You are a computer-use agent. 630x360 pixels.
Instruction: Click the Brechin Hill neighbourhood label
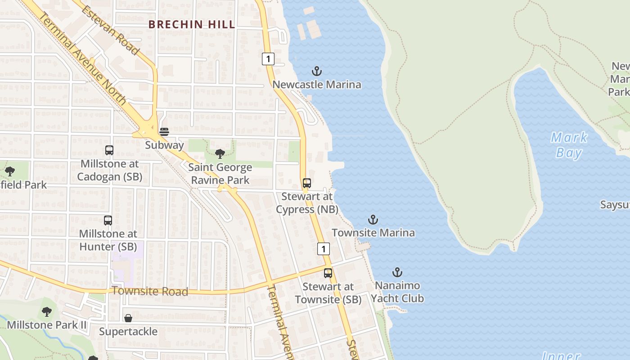coord(192,24)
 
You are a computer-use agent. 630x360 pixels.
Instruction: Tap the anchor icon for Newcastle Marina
coord(317,71)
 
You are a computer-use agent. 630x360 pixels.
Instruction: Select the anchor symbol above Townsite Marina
coord(373,220)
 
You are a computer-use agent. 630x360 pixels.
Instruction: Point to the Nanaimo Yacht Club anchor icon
coord(397,272)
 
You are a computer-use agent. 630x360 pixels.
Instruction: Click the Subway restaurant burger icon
coord(164,131)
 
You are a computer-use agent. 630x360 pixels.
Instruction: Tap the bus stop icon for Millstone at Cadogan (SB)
coord(109,150)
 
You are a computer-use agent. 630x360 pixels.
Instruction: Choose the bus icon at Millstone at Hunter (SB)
coord(108,220)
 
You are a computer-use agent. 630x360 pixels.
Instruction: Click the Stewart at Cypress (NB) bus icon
coord(307,183)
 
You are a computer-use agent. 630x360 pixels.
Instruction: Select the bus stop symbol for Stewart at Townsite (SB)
coord(328,273)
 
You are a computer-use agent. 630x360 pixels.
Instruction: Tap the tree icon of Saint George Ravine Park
coord(220,154)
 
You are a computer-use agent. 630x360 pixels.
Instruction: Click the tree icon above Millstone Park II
coord(47,311)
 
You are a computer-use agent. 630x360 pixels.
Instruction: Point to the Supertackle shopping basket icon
coord(128,318)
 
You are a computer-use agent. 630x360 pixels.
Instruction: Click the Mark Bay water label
coord(569,145)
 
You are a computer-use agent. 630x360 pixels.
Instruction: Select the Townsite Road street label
coord(150,291)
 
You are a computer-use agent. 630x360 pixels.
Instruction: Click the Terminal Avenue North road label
coord(84,58)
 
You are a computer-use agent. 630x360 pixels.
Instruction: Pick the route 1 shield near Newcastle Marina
coord(268,59)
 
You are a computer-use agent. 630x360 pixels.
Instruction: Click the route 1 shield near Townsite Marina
coord(323,248)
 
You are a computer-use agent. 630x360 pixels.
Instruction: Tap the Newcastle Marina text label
coord(317,85)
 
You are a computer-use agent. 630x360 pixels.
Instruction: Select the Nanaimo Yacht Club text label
coord(397,292)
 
